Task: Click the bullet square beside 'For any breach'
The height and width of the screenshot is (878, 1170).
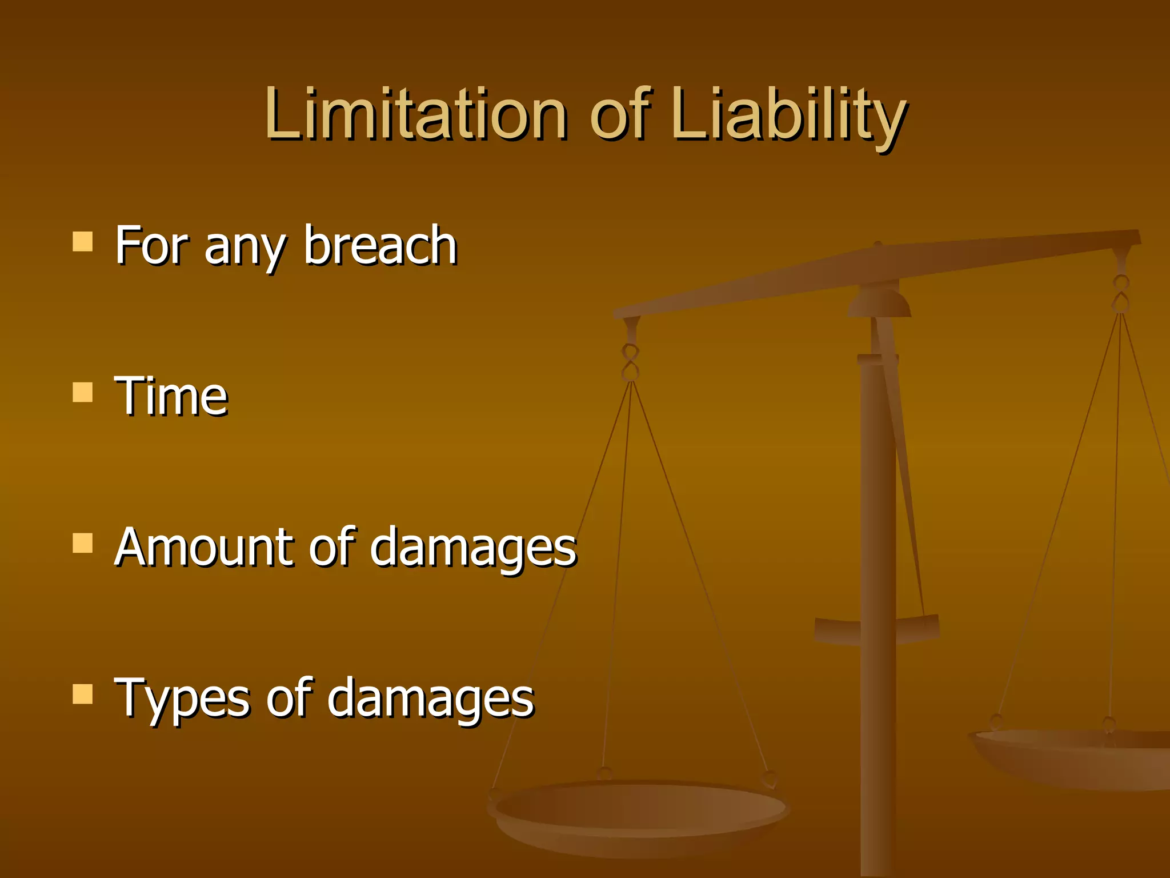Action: tap(83, 242)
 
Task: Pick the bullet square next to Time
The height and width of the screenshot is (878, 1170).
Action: tap(83, 393)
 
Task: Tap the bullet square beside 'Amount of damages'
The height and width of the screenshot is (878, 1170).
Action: tap(83, 544)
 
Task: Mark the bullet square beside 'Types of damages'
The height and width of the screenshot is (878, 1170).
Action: tap(83, 694)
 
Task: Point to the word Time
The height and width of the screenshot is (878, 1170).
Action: tap(171, 396)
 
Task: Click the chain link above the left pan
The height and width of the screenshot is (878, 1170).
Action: tap(630, 363)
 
